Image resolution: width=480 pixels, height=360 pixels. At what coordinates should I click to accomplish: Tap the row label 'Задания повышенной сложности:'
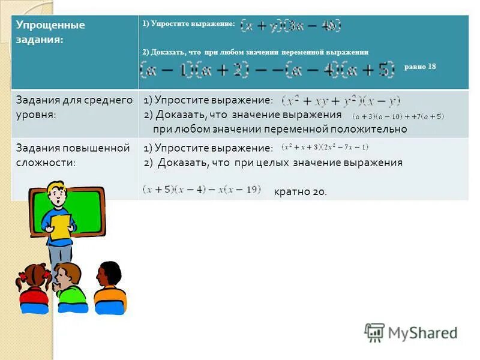click(x=72, y=155)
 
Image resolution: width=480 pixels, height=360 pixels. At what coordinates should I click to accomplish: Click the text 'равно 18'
click(x=420, y=67)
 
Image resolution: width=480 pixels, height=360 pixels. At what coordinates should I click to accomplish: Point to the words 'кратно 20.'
click(x=300, y=191)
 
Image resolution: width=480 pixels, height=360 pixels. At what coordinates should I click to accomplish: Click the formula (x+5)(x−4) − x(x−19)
click(x=202, y=190)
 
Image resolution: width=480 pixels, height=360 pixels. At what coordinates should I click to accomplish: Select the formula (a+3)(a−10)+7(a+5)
click(x=398, y=116)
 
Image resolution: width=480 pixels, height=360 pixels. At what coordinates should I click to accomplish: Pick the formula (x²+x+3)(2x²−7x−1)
click(x=325, y=147)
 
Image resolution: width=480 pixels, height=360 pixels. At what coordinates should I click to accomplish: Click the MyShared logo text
click(x=422, y=333)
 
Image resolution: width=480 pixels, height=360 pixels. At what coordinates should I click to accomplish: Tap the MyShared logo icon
click(x=374, y=332)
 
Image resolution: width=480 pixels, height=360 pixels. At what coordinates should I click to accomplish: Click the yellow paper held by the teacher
click(x=60, y=227)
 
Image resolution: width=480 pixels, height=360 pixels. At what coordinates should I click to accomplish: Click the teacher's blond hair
click(x=58, y=187)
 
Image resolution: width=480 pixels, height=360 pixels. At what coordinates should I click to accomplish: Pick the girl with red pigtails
click(x=34, y=287)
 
